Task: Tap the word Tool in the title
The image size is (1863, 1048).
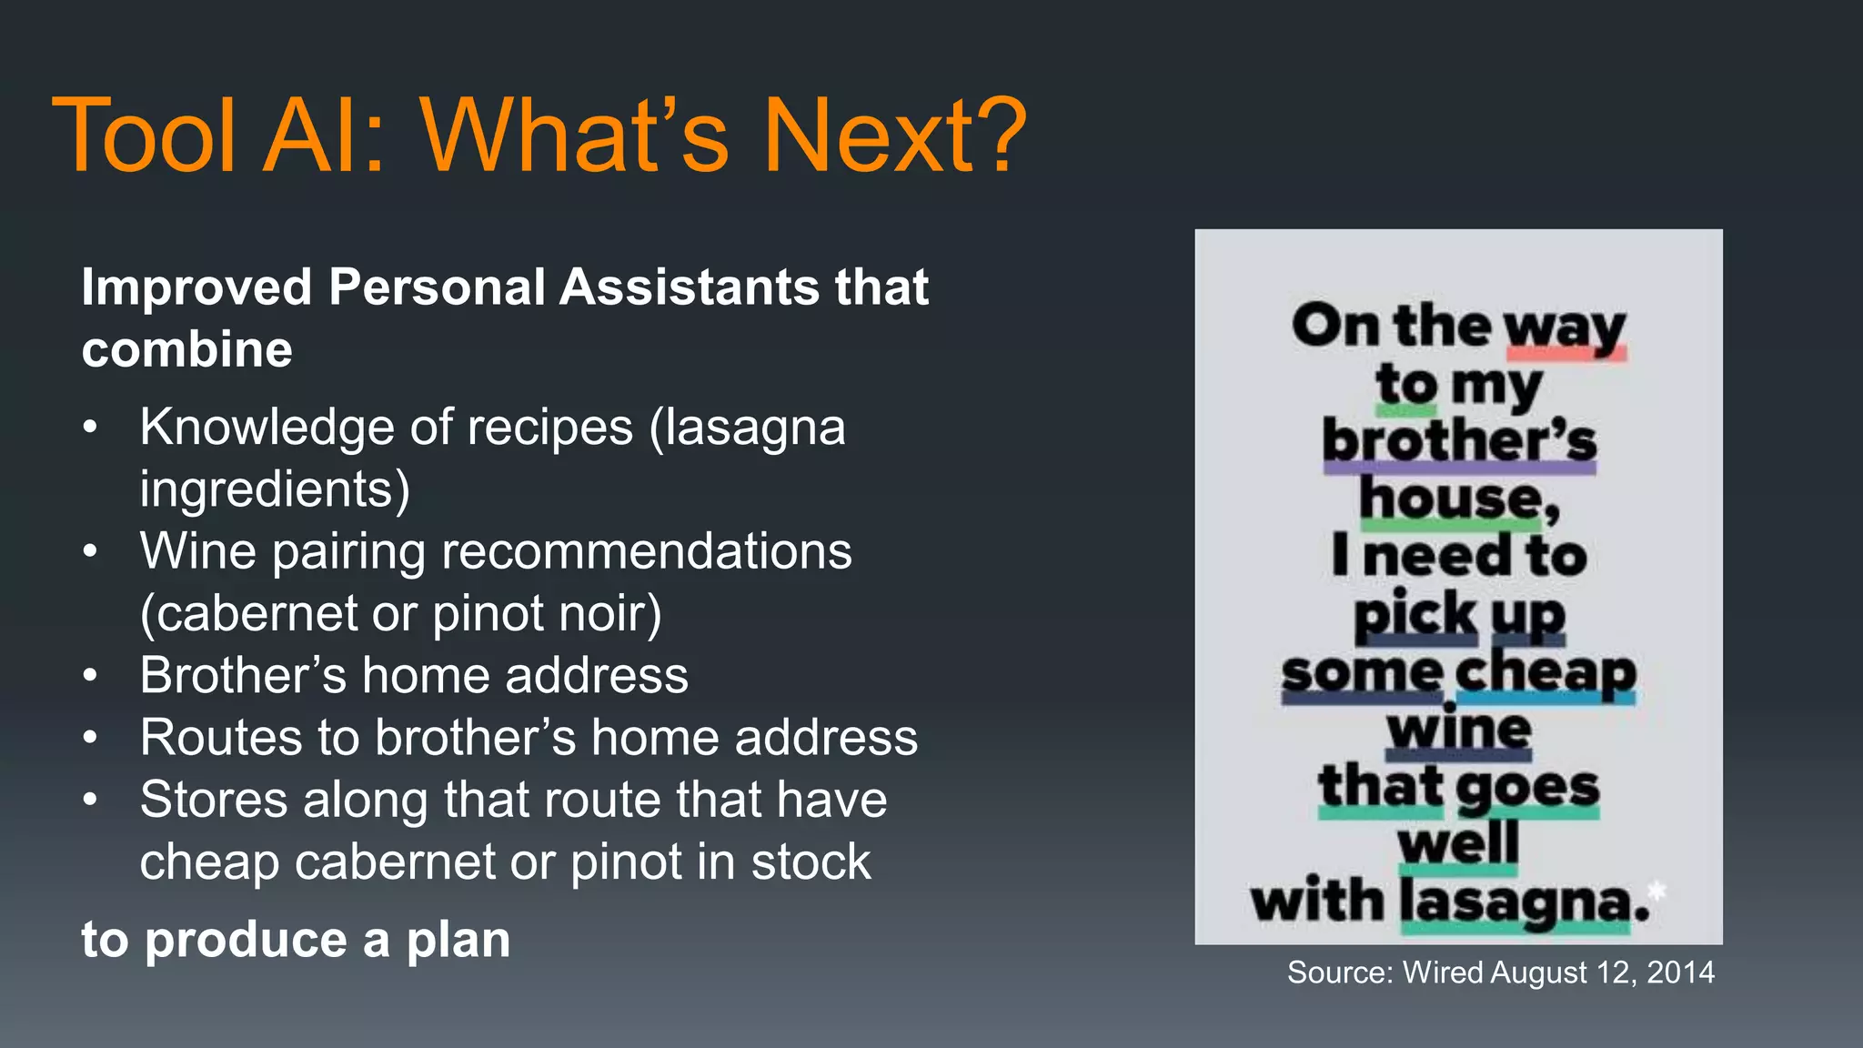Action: tap(146, 136)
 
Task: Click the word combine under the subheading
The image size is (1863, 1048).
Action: tap(187, 350)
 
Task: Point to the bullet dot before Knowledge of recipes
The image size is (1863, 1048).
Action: tap(89, 428)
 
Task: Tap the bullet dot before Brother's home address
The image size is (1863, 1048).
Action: tap(89, 676)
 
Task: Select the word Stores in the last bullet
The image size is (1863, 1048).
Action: tap(213, 800)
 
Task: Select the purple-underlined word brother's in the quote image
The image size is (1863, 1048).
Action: tap(1459, 441)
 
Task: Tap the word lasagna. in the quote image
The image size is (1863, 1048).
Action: tap(1524, 902)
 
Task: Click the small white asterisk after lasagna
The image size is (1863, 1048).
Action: tap(1657, 891)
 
